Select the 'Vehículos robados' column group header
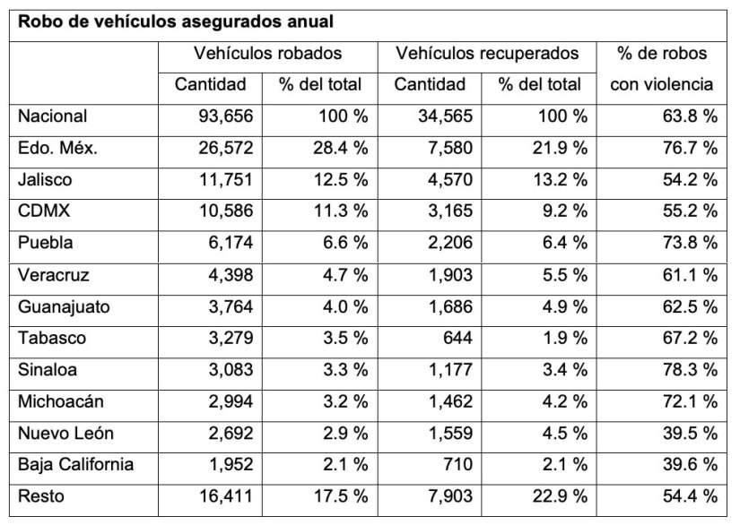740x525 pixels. [267, 54]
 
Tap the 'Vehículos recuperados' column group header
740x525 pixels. [487, 54]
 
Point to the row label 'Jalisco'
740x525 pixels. [45, 179]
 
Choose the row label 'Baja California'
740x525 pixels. [75, 465]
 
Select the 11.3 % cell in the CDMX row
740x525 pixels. [338, 211]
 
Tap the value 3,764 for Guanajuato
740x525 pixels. [226, 306]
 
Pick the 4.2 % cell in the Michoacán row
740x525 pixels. [562, 402]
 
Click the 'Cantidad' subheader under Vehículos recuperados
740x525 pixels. [430, 85]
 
